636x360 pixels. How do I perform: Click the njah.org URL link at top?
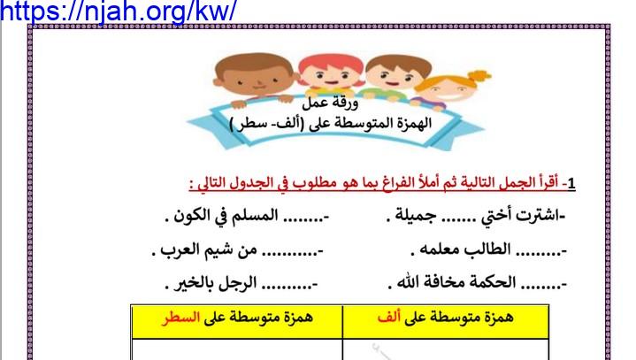(118, 11)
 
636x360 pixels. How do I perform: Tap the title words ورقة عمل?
(330, 103)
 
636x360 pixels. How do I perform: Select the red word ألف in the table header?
(389, 317)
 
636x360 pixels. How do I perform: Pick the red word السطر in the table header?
(180, 317)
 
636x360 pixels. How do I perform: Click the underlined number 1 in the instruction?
(571, 183)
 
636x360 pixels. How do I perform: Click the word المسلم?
(254, 215)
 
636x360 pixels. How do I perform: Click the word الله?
(406, 282)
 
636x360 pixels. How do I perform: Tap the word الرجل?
(237, 282)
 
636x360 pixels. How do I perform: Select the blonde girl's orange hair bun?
(479, 76)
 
